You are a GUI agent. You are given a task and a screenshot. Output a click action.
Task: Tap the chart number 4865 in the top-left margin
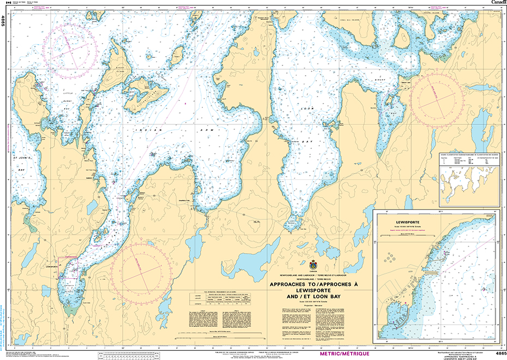pos(3,21)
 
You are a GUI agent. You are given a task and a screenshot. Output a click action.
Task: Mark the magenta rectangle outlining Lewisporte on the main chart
pos(69,267)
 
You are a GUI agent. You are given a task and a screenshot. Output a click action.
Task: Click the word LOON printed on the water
pos(304,109)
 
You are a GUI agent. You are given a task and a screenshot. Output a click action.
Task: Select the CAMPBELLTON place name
pos(191,200)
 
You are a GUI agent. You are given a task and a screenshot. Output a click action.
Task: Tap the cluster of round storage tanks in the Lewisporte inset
pos(390,256)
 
